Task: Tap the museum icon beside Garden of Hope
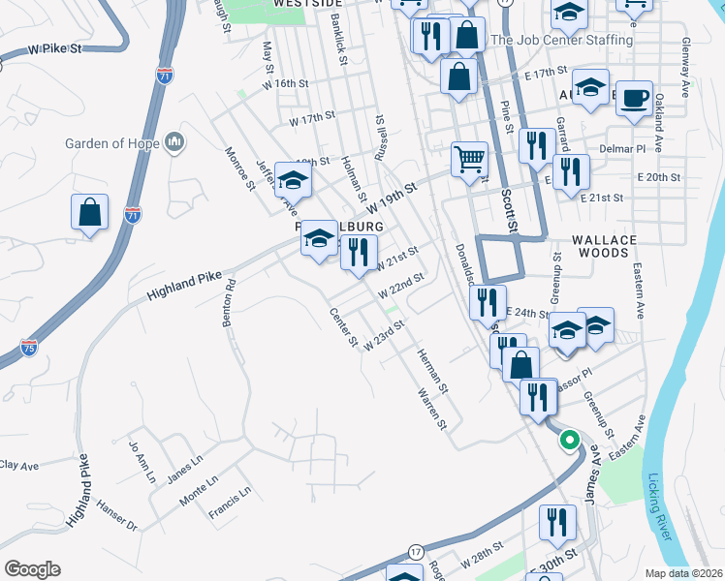tap(175, 142)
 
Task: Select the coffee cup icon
tap(634, 100)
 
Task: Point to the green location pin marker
tap(569, 440)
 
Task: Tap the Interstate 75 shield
tap(29, 346)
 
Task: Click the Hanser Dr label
tap(117, 513)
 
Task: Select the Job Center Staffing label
tap(561, 41)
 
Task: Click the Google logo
tap(32, 569)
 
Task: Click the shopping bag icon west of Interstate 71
tap(89, 213)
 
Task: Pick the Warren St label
tap(430, 410)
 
